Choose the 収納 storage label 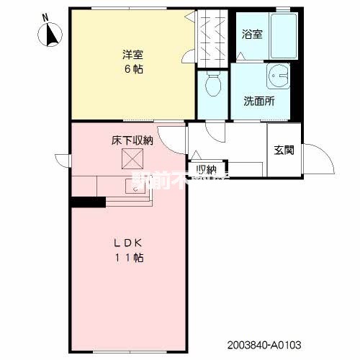coord(207,170)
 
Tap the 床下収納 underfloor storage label coord(132,140)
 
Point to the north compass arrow coord(53,34)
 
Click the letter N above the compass coord(45,16)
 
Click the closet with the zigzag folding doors coord(214,36)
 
